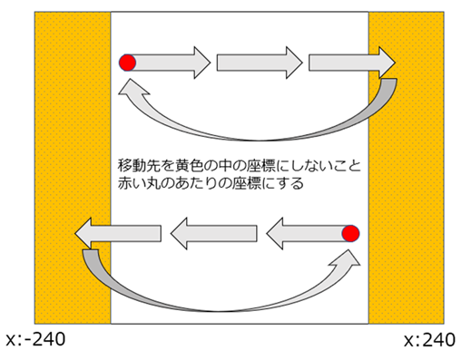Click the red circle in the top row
(128, 63)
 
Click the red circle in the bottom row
(351, 234)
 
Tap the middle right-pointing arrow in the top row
(260, 63)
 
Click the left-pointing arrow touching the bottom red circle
(304, 234)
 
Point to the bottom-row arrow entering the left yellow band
(119, 235)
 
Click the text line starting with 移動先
(240, 166)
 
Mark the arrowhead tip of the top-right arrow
(396, 63)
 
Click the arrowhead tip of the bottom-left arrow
(75, 235)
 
